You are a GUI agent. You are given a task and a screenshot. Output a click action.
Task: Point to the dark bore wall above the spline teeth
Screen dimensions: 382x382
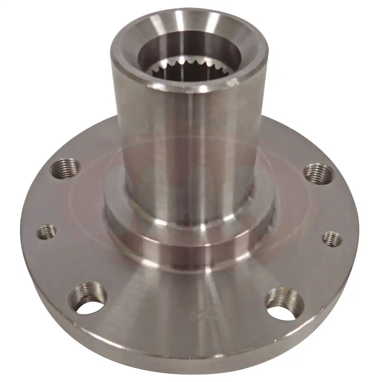click(191, 50)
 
